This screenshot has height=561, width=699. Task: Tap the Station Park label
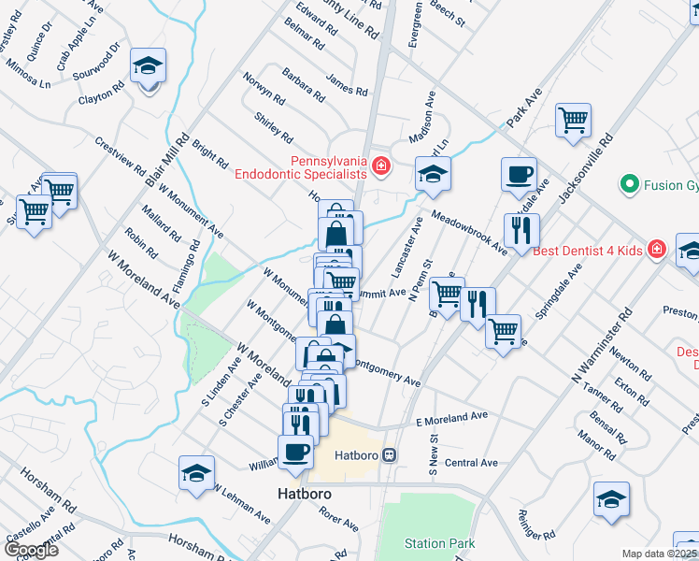[439, 543]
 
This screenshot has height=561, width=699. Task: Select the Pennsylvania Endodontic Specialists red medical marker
[380, 166]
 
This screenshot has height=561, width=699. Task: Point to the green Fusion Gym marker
[629, 185]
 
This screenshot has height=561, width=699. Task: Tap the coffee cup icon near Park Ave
[519, 174]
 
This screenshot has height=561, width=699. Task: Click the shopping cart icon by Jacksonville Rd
[573, 119]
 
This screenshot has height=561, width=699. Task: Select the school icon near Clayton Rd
[148, 65]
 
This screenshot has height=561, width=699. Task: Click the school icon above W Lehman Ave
[197, 471]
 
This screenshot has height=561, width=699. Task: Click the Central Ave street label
[471, 463]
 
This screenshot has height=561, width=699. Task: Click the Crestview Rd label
[120, 156]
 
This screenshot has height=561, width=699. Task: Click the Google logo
[30, 549]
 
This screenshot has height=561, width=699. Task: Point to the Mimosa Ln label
[28, 74]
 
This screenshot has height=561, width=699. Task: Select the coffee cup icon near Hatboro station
[296, 453]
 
